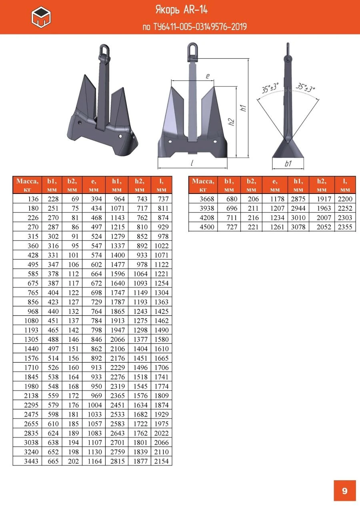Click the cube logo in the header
pos(41,17)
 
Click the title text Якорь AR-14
pos(182,10)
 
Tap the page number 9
pos(344,491)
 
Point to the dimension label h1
pos(244,108)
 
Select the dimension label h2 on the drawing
pos(231,122)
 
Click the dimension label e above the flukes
pos(208,76)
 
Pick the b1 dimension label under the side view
pos(288,164)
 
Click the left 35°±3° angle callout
pos(270,88)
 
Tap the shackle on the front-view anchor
pos(192,52)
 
